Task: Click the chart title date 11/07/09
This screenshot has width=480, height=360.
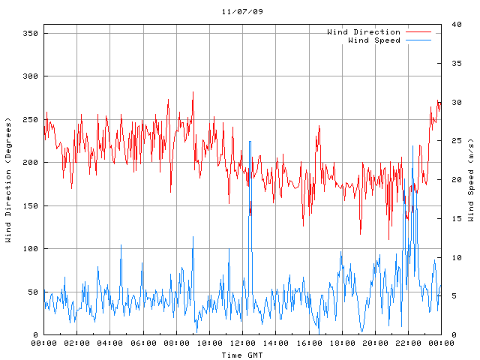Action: (242, 12)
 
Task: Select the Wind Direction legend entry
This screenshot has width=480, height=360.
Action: (364, 32)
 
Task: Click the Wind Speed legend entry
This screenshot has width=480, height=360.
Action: (374, 40)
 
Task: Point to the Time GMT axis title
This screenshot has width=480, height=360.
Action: (242, 355)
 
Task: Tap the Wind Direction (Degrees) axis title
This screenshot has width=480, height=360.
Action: (8, 180)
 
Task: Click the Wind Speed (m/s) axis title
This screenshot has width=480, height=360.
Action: (471, 180)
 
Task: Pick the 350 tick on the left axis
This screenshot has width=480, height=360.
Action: (31, 34)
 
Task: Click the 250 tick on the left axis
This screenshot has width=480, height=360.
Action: (31, 120)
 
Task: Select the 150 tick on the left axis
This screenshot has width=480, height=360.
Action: (31, 205)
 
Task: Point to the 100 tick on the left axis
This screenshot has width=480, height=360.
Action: (31, 248)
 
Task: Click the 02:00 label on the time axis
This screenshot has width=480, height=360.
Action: (77, 343)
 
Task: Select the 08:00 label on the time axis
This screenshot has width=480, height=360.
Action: (176, 343)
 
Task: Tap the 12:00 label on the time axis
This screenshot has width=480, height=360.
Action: (242, 343)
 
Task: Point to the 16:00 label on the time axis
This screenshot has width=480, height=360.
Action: (309, 343)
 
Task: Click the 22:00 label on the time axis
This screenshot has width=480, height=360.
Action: (408, 343)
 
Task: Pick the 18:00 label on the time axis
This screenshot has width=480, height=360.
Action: (342, 343)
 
